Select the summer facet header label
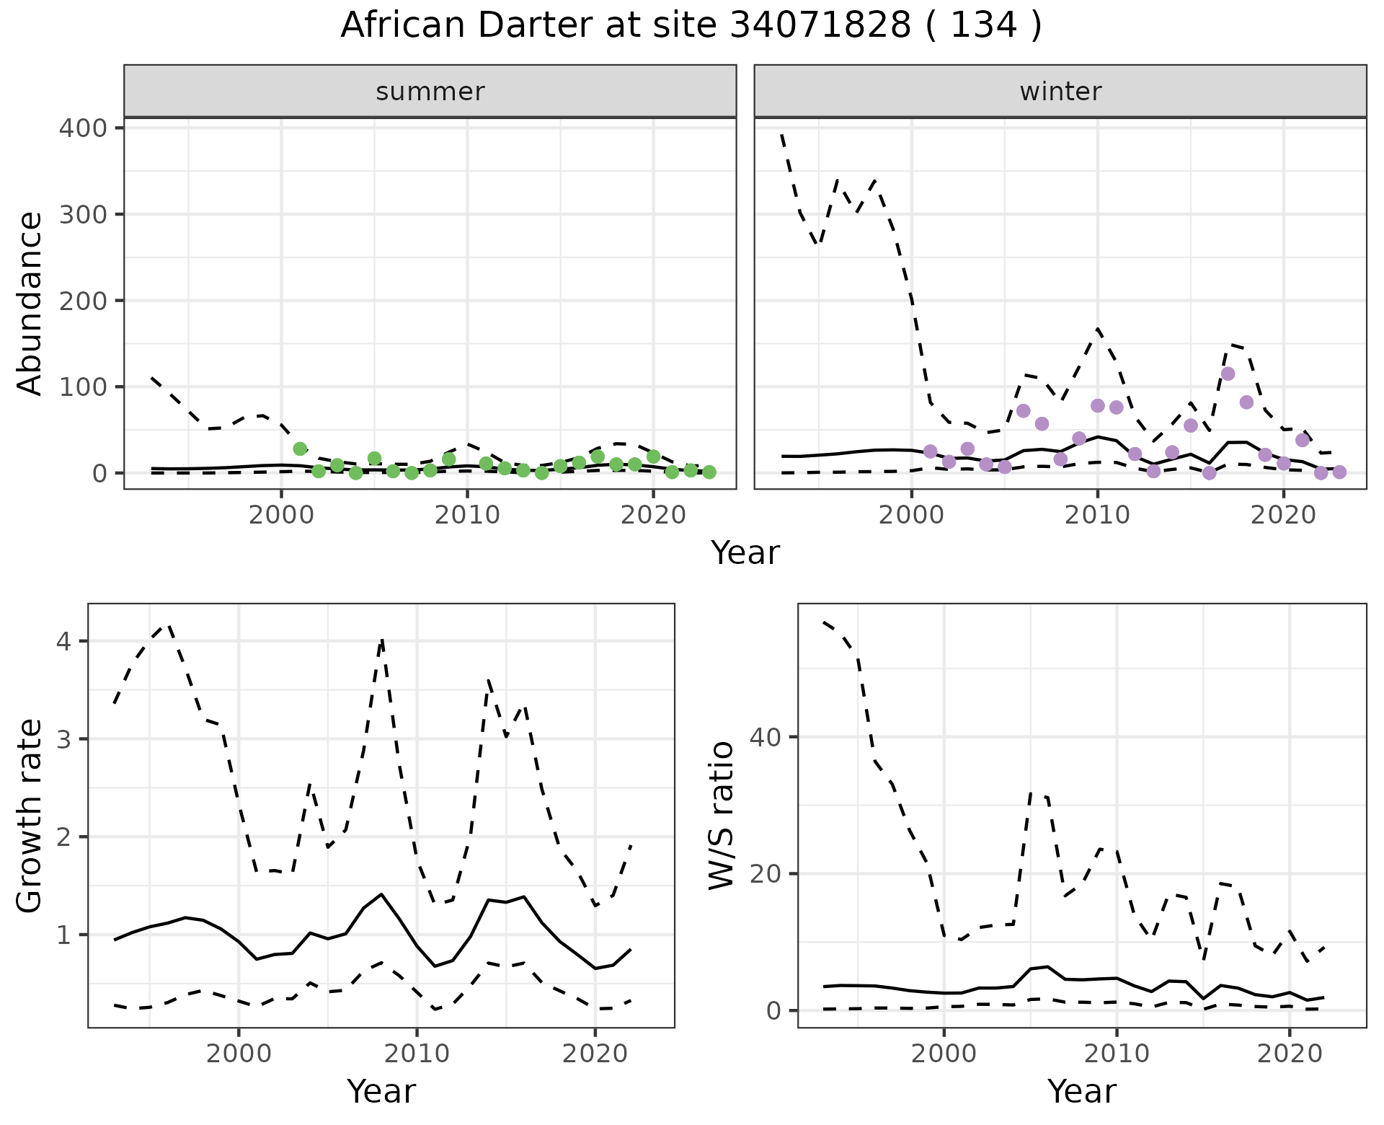point(430,92)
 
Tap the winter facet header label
point(1060,92)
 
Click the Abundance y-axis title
point(30,303)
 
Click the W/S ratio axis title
point(721,815)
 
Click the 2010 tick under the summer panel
point(467,516)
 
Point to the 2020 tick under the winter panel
point(1283,516)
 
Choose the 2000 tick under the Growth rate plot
point(239,1054)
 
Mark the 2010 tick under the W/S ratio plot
point(1117,1054)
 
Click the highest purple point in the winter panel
point(1228,374)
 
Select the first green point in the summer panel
point(300,449)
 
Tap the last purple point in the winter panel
point(1339,472)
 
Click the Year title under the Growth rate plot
point(381,1091)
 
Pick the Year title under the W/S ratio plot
point(1082,1091)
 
